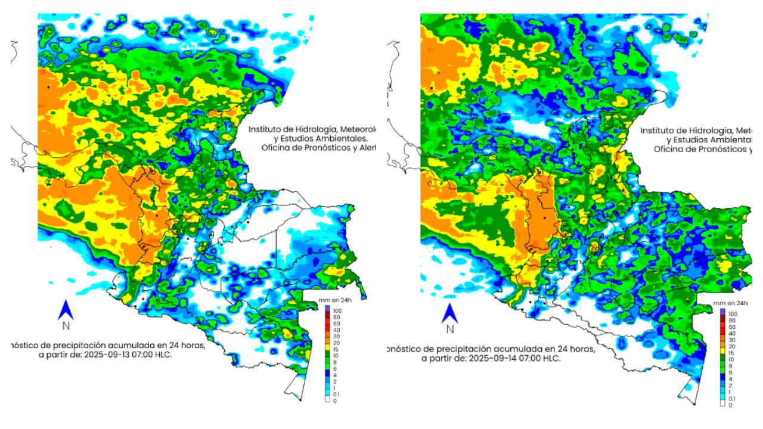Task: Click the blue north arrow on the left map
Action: [x=66, y=310]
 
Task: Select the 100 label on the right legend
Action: [x=733, y=313]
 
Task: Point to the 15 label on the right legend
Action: [x=731, y=353]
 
